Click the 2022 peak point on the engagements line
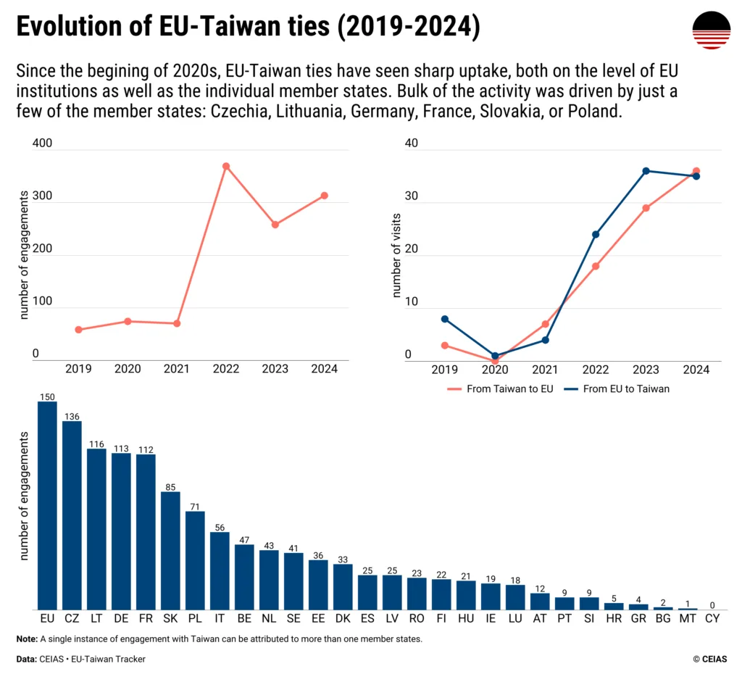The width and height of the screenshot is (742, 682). coord(226,166)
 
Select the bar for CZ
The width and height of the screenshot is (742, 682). coord(72,515)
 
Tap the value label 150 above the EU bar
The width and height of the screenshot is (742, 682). coord(47,396)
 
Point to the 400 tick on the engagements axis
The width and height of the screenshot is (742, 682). coord(43,144)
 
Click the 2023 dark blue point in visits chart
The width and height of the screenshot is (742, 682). coord(646,171)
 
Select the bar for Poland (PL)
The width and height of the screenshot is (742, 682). coord(195,560)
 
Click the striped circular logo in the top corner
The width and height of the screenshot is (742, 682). coord(710,30)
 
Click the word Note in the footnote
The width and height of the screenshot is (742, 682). coord(27,639)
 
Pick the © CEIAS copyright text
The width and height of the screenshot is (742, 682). coord(709,659)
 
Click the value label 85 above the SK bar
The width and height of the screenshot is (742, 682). coord(170,487)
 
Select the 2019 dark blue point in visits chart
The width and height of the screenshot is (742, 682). coord(445,319)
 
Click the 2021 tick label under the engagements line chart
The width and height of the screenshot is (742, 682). coord(177,369)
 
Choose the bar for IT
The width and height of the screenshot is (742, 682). coord(220,571)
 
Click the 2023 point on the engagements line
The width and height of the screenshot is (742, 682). coord(275,225)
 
